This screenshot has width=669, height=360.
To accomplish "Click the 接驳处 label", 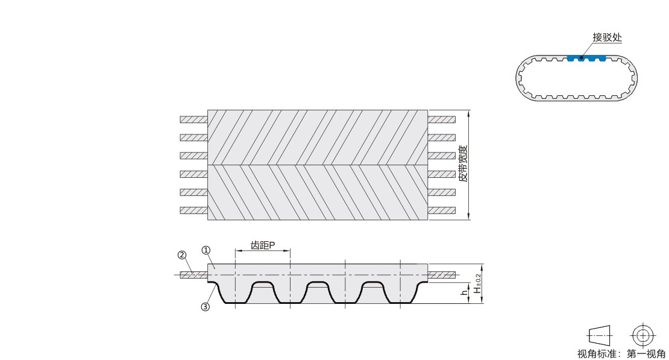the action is (x=607, y=37).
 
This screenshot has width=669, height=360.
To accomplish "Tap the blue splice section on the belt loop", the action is (x=586, y=58).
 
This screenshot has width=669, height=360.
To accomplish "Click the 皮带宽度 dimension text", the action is (x=463, y=163).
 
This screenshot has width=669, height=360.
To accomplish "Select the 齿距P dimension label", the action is (x=262, y=245).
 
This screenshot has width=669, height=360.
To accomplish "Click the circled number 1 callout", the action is (x=206, y=250).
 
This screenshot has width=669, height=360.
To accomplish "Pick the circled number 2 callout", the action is (x=182, y=255).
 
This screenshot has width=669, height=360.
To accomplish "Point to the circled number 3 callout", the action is (x=206, y=307).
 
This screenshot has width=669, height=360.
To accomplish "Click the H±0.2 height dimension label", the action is (x=477, y=283).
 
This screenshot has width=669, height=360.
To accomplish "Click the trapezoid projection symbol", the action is (x=600, y=336).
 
